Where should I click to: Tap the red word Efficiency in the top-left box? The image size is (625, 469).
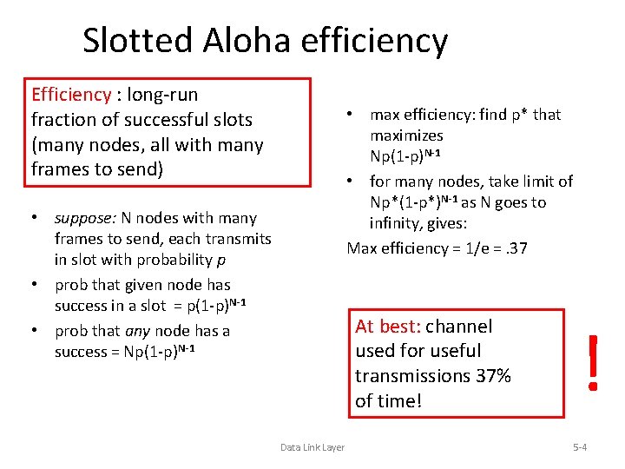(x=71, y=94)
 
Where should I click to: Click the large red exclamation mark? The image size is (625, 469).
(x=593, y=362)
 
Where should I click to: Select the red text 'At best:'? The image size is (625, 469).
(x=388, y=327)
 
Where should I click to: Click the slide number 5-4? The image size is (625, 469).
(x=580, y=447)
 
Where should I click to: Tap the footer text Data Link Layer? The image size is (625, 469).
(x=312, y=447)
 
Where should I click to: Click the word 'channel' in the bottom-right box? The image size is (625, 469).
(x=458, y=327)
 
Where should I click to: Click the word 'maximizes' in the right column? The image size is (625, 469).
(x=406, y=135)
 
